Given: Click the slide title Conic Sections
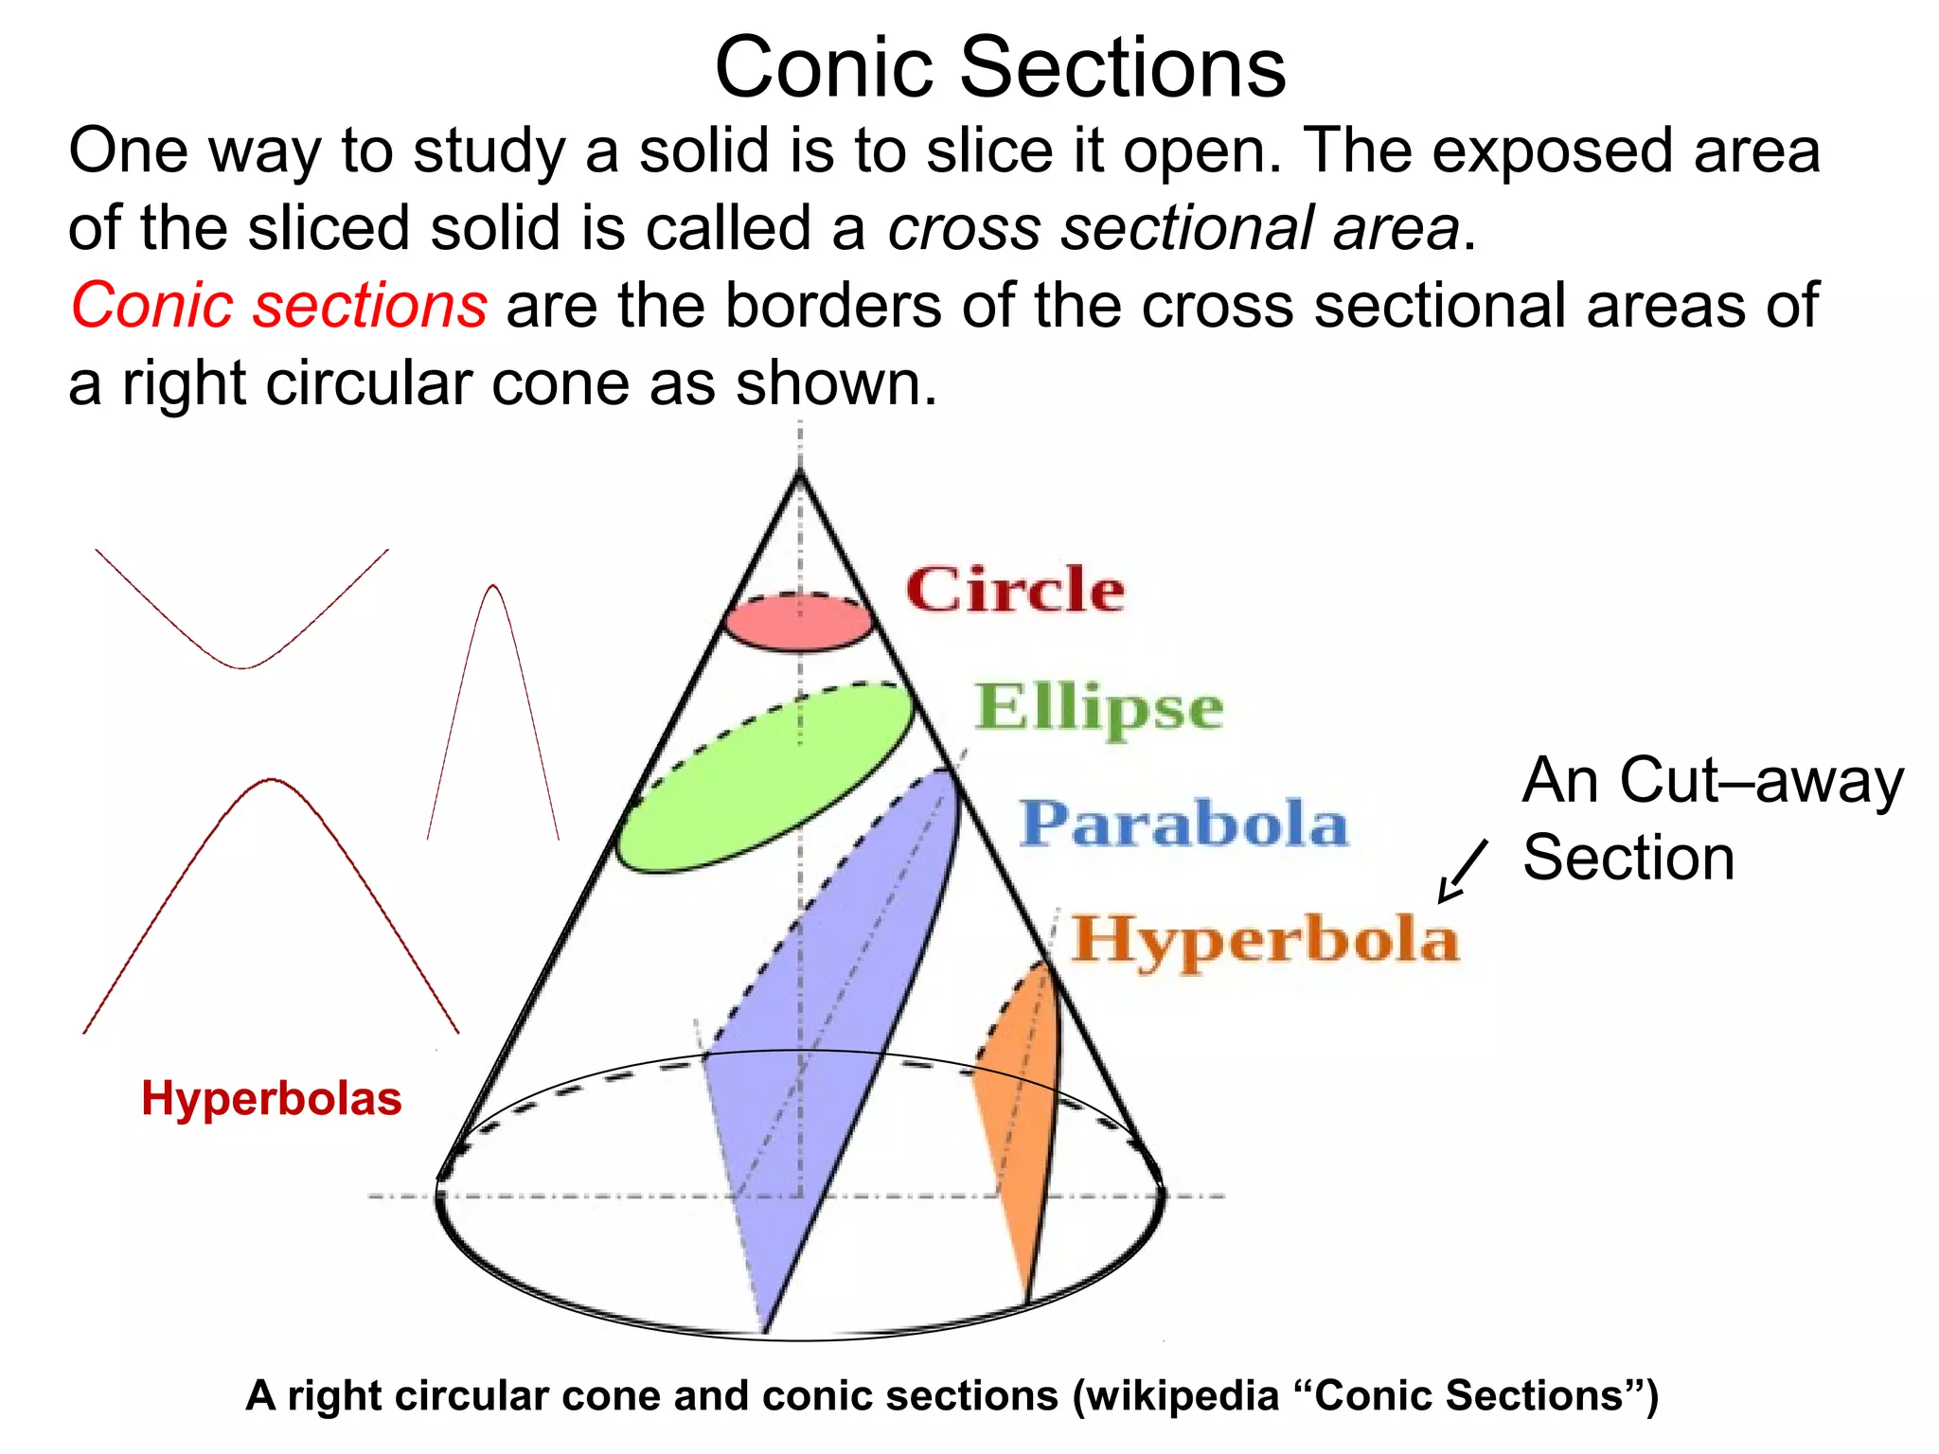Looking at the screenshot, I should pyautogui.click(x=1000, y=67).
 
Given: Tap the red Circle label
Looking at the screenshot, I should pyautogui.click(x=1015, y=590).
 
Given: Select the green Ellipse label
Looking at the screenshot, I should pyautogui.click(x=1098, y=707).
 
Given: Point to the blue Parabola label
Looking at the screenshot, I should pyautogui.click(x=1183, y=824).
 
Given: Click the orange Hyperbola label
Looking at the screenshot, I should pyautogui.click(x=1265, y=940).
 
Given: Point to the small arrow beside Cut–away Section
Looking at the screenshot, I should pyautogui.click(x=1462, y=872).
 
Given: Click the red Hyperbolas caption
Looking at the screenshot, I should pyautogui.click(x=272, y=1099).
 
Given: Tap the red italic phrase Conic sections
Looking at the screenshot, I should pyautogui.click(x=278, y=306).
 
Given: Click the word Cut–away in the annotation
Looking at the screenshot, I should pyautogui.click(x=1761, y=781).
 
